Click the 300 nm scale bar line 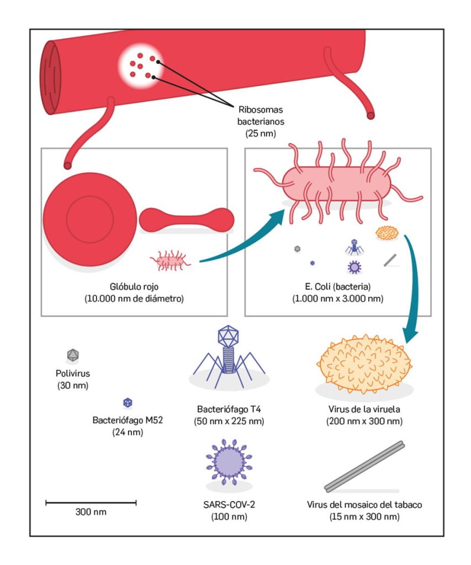(x=91, y=502)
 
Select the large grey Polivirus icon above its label (x=73, y=354)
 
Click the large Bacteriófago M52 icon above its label (x=128, y=403)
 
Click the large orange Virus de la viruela (x=364, y=361)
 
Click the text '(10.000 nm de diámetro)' (x=134, y=299)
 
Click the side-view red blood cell (x=187, y=220)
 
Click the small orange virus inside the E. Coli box (x=388, y=233)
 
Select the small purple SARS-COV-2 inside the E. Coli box (x=354, y=267)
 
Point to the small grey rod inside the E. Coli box (x=390, y=259)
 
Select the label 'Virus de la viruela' (x=364, y=410)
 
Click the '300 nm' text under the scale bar (x=91, y=512)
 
